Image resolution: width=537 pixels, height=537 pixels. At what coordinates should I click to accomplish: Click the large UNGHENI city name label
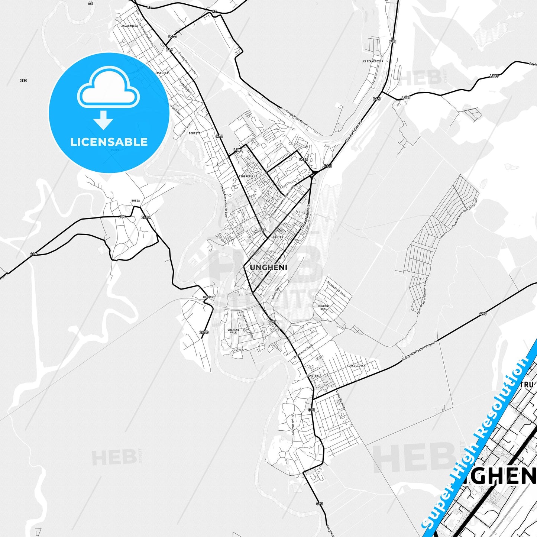click(268, 268)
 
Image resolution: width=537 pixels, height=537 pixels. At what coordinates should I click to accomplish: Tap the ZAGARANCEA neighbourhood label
click(129, 26)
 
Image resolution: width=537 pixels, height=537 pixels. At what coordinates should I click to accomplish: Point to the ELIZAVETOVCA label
click(373, 61)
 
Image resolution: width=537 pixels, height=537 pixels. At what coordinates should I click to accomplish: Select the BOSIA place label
click(136, 201)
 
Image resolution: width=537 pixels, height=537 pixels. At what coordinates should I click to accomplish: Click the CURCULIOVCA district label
click(356, 366)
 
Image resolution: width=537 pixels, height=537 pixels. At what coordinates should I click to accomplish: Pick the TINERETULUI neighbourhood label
click(248, 176)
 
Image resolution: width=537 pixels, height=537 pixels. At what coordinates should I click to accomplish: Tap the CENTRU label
click(278, 237)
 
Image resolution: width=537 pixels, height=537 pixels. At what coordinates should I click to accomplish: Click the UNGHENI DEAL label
click(324, 307)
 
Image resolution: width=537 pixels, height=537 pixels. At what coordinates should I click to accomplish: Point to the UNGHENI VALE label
click(233, 331)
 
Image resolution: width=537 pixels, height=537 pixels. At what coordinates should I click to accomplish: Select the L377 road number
click(173, 36)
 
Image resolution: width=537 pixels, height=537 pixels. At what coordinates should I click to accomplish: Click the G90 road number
click(483, 314)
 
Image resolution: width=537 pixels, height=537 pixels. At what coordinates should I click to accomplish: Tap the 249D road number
click(204, 332)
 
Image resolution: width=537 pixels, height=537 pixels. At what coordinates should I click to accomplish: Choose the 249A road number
click(146, 217)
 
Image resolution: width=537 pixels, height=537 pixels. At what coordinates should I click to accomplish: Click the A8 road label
click(90, 3)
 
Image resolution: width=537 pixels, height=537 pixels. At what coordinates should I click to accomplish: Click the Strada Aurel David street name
click(303, 351)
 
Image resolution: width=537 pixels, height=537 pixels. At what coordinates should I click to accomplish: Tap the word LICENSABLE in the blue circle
click(109, 142)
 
